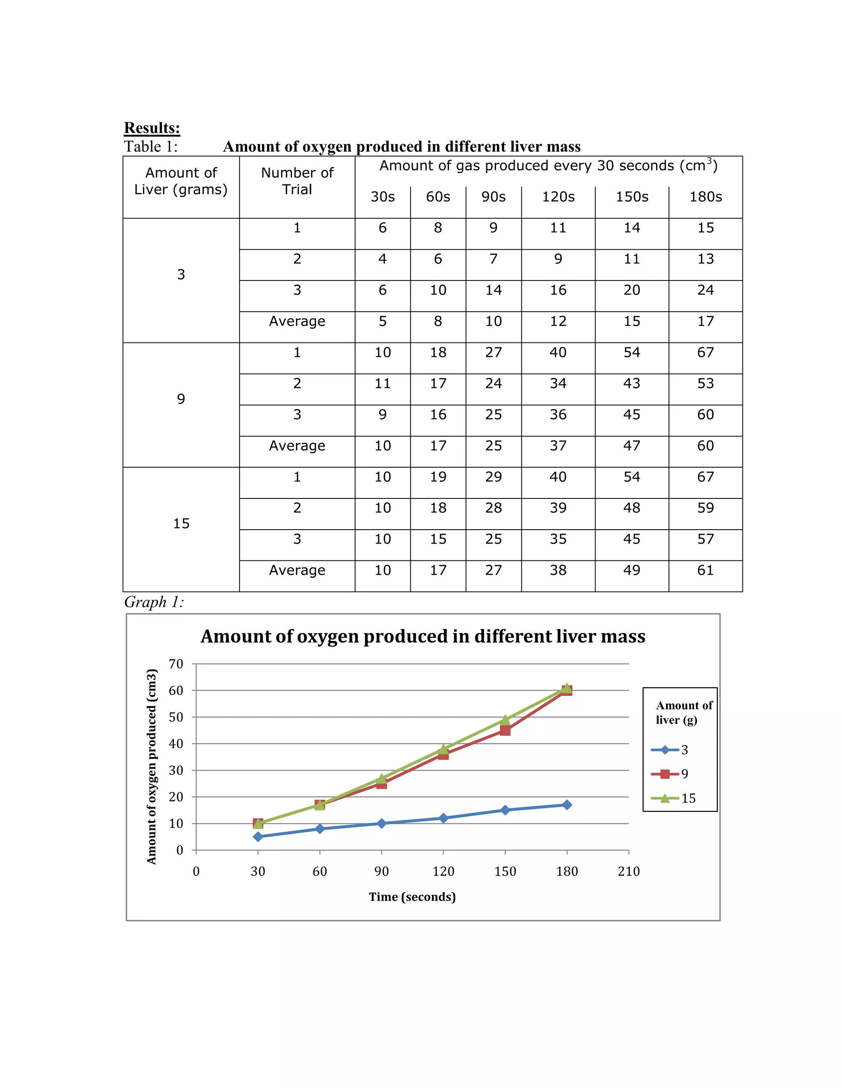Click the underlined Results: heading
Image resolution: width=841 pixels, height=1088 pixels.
click(152, 128)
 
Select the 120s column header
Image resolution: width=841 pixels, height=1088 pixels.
click(558, 197)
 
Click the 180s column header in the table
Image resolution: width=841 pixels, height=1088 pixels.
click(705, 197)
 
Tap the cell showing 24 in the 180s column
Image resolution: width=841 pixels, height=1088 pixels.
click(705, 290)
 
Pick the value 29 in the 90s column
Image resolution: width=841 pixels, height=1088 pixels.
click(493, 477)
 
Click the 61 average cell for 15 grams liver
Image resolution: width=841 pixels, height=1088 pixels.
click(705, 570)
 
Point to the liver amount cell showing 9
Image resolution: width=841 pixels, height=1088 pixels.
click(181, 399)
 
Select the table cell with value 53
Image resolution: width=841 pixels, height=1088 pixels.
click(705, 383)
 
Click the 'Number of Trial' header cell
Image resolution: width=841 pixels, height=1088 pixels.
click(297, 181)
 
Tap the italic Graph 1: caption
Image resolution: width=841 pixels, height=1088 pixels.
click(154, 602)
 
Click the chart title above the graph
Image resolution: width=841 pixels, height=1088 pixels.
click(423, 636)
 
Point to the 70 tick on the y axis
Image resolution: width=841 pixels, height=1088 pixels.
click(176, 664)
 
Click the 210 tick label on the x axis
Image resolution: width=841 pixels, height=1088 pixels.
click(628, 871)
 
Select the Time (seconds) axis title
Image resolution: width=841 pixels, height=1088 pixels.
click(412, 897)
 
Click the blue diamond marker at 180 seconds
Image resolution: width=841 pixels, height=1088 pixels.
click(566, 805)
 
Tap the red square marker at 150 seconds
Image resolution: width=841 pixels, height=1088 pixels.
click(505, 730)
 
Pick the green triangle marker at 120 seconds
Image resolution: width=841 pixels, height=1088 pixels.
click(443, 749)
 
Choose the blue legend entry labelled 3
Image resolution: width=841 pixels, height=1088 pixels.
click(670, 750)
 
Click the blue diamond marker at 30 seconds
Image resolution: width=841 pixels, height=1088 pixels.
click(257, 836)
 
